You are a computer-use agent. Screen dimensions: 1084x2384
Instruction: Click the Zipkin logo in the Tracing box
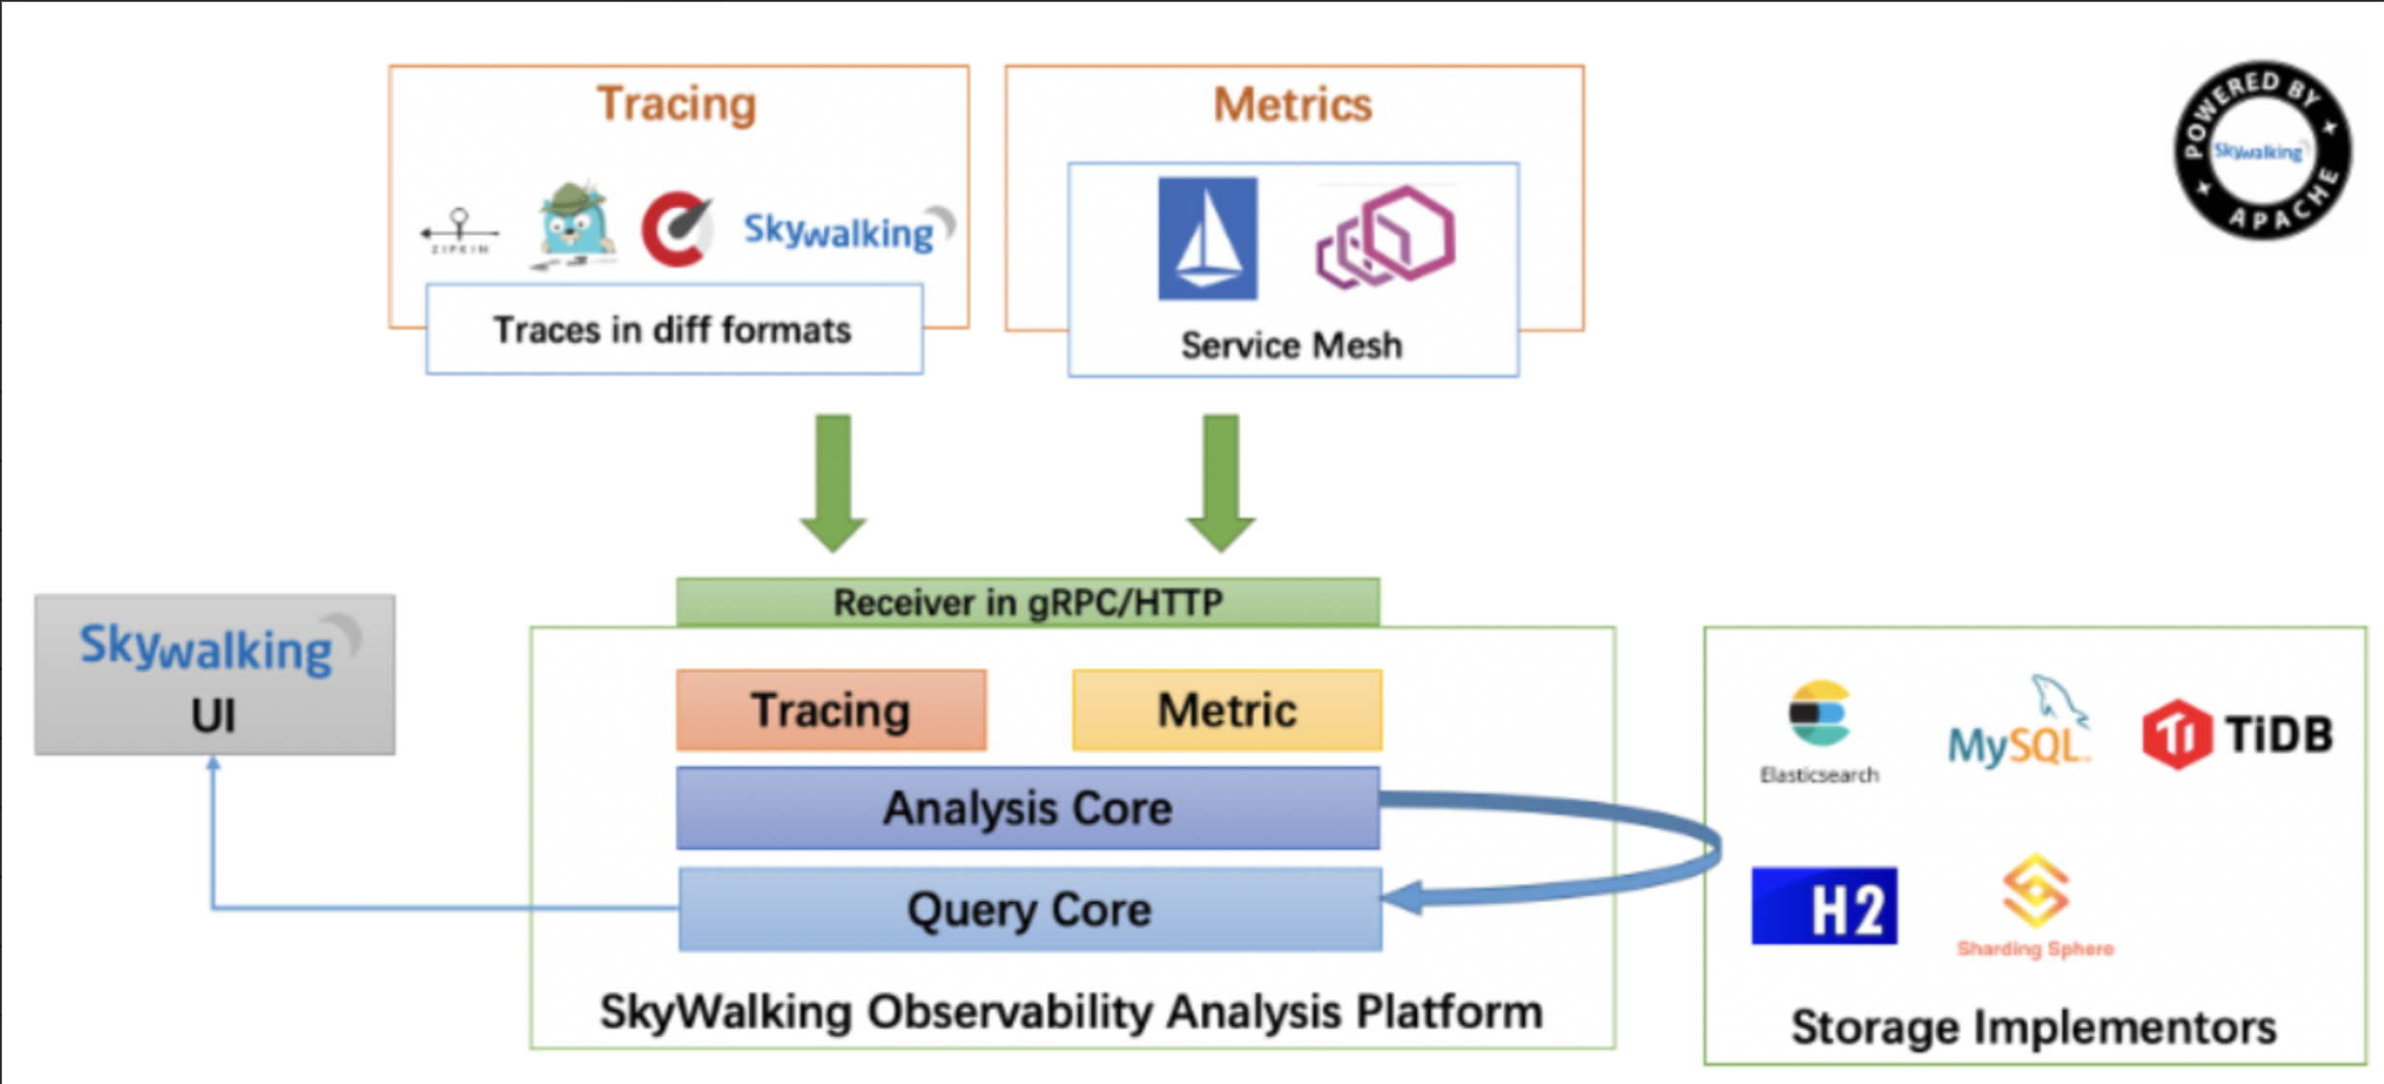[x=459, y=232]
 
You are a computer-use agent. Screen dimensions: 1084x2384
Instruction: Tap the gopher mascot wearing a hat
[x=575, y=227]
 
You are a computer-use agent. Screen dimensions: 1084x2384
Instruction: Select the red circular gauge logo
[x=678, y=229]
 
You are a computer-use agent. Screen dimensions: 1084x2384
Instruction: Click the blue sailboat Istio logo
[x=1207, y=239]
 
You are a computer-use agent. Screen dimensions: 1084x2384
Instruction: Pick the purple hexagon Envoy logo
[x=1386, y=238]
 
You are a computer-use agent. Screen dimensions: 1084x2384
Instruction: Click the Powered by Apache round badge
[x=2262, y=149]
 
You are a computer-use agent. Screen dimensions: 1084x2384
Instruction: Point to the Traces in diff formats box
[x=674, y=329]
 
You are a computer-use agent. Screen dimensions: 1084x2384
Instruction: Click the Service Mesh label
[x=1291, y=346]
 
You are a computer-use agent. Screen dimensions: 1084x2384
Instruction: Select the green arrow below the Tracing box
[x=833, y=482]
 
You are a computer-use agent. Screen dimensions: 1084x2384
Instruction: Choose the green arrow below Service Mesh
[x=1221, y=482]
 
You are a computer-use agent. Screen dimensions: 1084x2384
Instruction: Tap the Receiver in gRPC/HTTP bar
[x=1027, y=603]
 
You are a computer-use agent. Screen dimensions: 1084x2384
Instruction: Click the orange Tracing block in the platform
[x=831, y=710]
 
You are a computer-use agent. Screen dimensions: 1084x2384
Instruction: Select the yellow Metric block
[x=1227, y=710]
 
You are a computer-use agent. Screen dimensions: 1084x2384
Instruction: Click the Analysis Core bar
[x=1027, y=809]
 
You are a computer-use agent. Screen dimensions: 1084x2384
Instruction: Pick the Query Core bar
[x=1029, y=910]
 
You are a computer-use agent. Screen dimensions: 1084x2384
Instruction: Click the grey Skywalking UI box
[x=215, y=675]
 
